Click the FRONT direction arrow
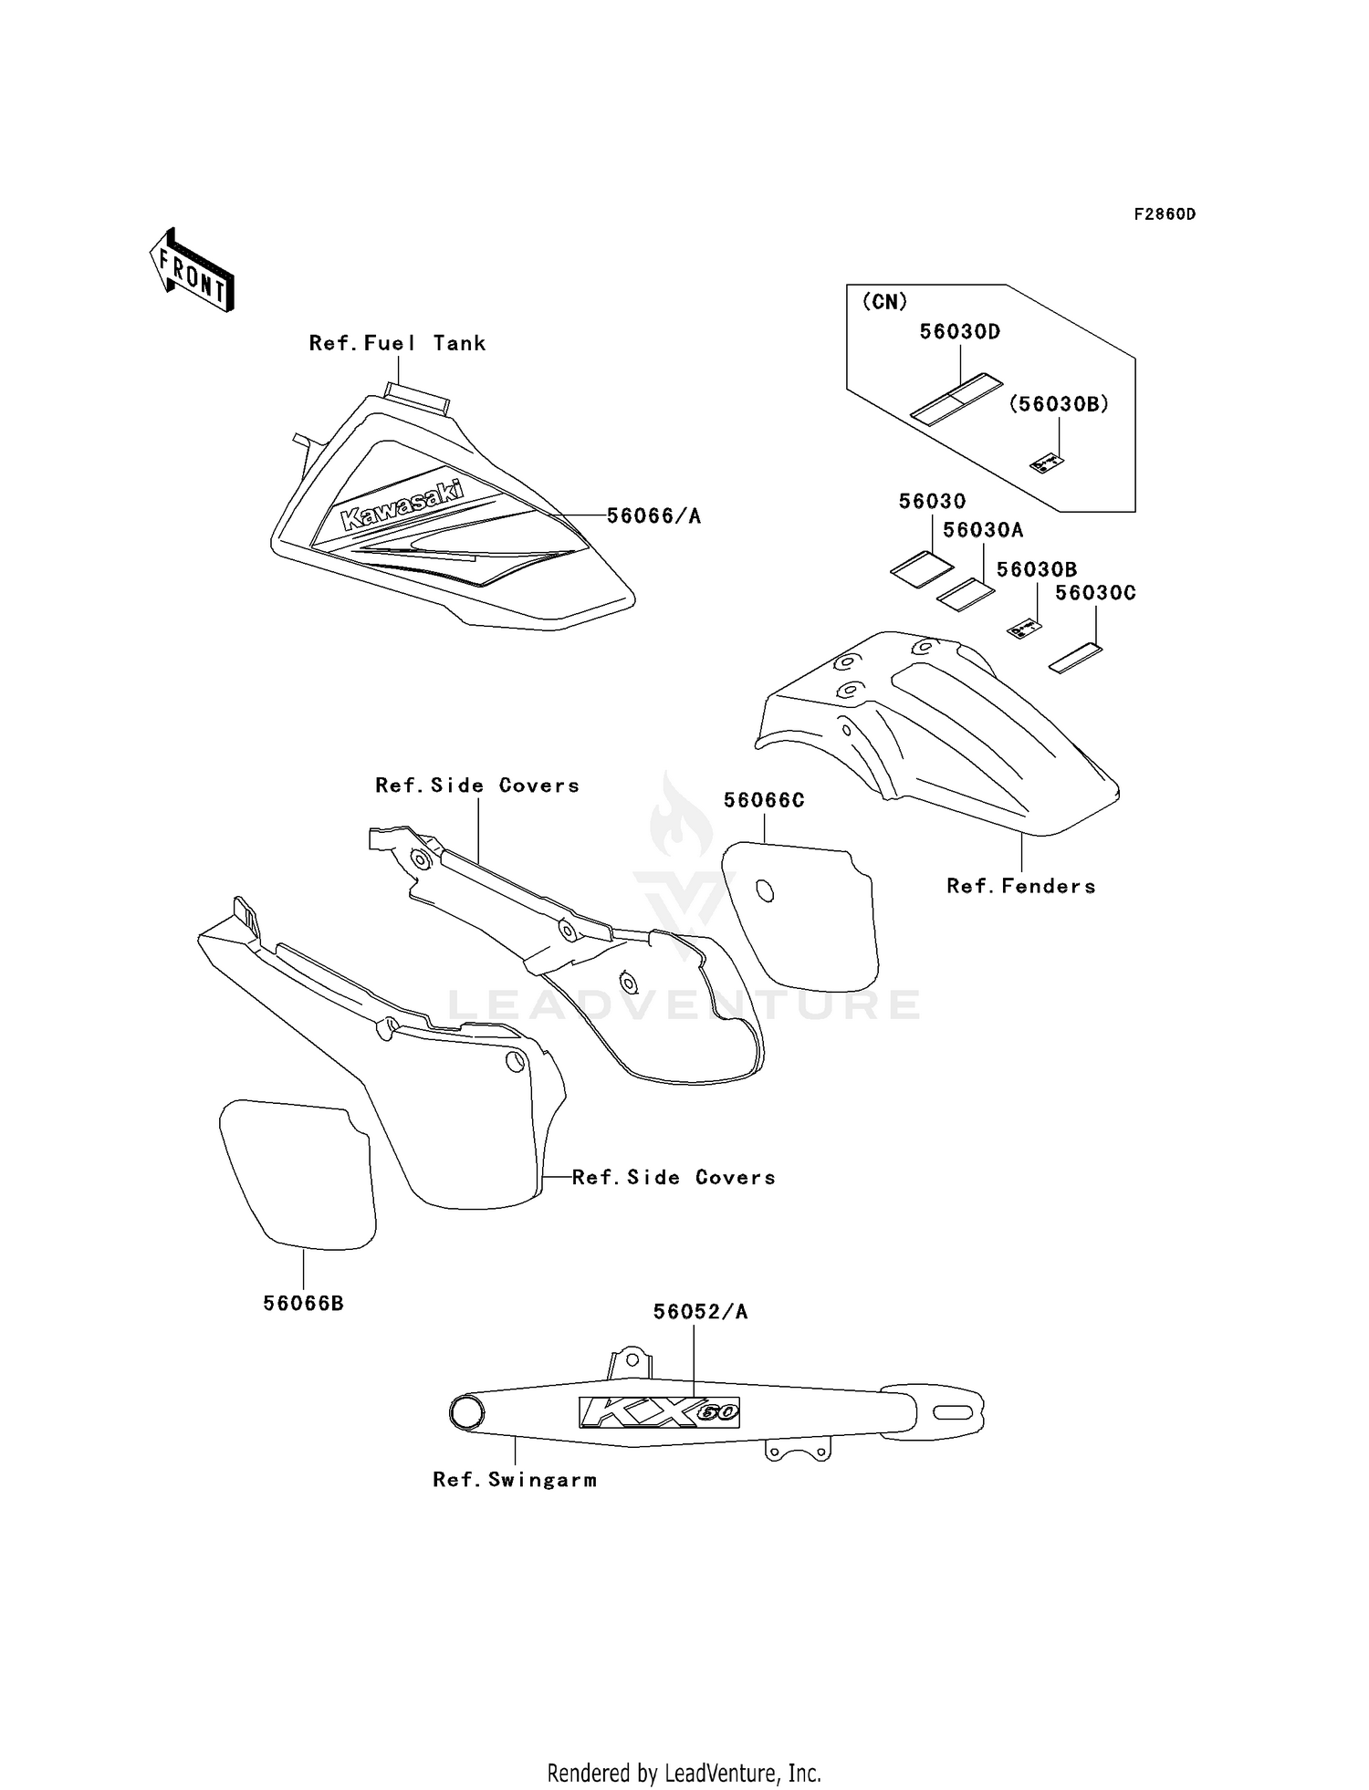193,271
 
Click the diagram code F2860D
1164,214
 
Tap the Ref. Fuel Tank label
397,343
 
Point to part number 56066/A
653,516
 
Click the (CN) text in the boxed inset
884,302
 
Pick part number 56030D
959,332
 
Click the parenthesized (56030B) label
1058,404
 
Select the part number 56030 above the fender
932,501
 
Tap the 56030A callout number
983,530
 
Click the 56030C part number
1094,593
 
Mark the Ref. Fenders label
1020,886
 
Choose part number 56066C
764,800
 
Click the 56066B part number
303,1304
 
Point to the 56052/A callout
700,1312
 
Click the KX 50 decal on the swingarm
658,1412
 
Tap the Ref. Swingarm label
515,1480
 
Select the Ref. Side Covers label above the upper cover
477,786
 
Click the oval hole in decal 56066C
765,890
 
